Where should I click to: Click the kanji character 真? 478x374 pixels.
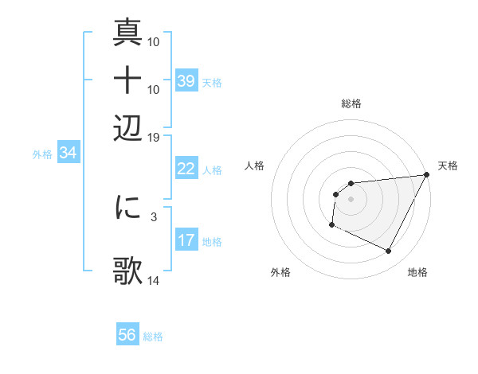[127, 33]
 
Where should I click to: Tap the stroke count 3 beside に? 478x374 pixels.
[154, 216]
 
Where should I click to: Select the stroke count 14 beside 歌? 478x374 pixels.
[154, 281]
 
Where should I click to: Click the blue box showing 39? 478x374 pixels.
[186, 81]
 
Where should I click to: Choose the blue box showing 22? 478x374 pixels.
[186, 169]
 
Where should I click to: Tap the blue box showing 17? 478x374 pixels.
[186, 240]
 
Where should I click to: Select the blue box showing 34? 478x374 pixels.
[68, 154]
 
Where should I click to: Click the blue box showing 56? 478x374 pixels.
[127, 335]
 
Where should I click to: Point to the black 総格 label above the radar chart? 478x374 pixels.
[351, 103]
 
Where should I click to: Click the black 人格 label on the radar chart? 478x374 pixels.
[255, 166]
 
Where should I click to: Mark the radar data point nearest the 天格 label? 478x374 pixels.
[428, 175]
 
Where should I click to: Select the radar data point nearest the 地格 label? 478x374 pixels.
[389, 251]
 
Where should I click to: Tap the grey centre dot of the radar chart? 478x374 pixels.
[351, 199]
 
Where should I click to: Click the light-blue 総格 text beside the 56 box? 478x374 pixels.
[153, 337]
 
